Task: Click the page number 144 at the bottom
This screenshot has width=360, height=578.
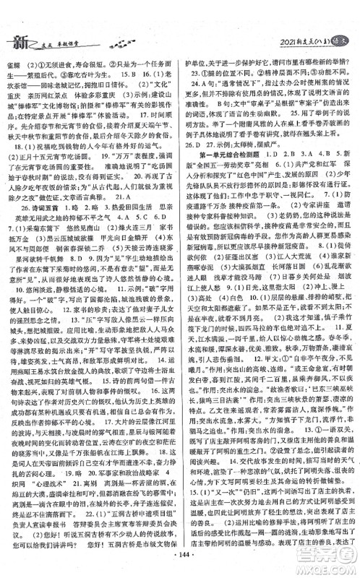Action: click(x=180, y=564)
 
